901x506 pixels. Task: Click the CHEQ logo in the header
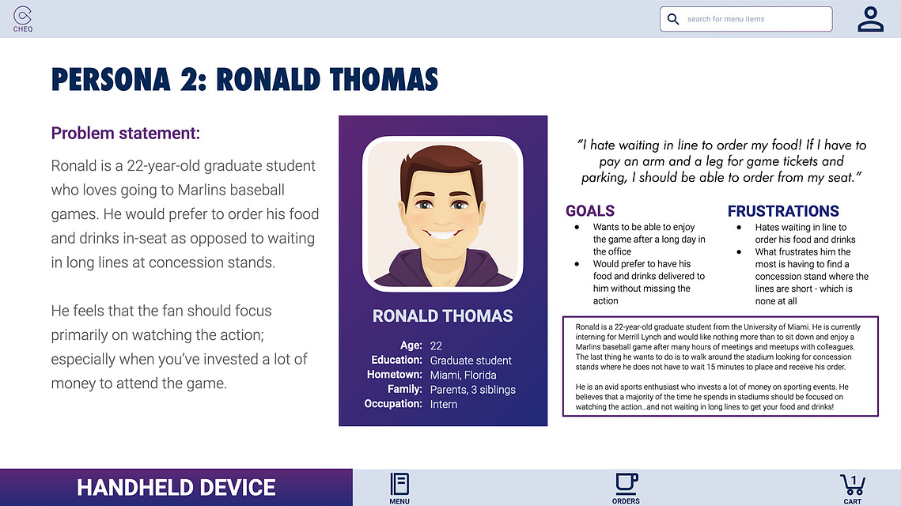tap(22, 19)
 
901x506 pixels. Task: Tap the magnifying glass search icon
tap(673, 19)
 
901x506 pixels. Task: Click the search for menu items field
tap(746, 19)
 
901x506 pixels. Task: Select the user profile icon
tap(871, 19)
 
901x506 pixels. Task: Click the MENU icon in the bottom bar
tap(399, 488)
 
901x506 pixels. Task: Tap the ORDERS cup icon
tap(626, 488)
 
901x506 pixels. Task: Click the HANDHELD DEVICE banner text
tap(176, 488)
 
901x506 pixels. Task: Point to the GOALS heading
tap(589, 211)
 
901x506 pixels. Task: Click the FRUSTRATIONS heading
tap(783, 211)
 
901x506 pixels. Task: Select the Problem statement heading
tap(125, 134)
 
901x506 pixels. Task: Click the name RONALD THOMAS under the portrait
tap(442, 316)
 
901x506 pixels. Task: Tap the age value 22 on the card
tap(436, 346)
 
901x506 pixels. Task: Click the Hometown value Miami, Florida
tap(463, 375)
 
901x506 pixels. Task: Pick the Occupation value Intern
tap(444, 404)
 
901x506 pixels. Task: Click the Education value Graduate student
tap(471, 360)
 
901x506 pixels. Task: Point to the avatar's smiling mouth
tap(442, 236)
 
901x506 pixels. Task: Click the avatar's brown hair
tap(441, 165)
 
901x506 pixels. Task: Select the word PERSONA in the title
tap(111, 80)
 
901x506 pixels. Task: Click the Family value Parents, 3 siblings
tap(473, 390)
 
